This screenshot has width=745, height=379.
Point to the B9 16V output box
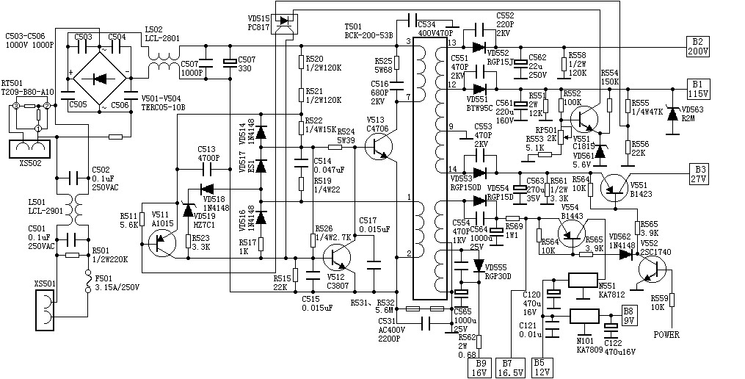(481, 367)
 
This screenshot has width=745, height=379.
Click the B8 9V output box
(629, 316)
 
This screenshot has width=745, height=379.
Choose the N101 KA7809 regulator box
(585, 317)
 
